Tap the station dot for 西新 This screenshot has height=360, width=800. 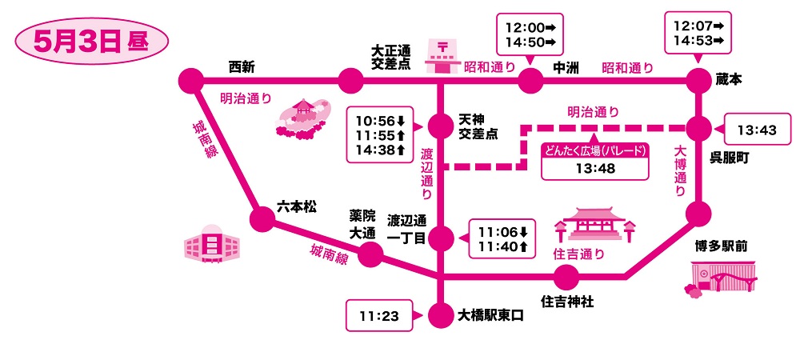[x=190, y=81]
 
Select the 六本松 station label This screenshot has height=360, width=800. [x=296, y=206]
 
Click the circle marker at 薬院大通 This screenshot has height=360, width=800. [x=369, y=255]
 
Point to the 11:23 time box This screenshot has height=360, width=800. [x=379, y=316]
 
